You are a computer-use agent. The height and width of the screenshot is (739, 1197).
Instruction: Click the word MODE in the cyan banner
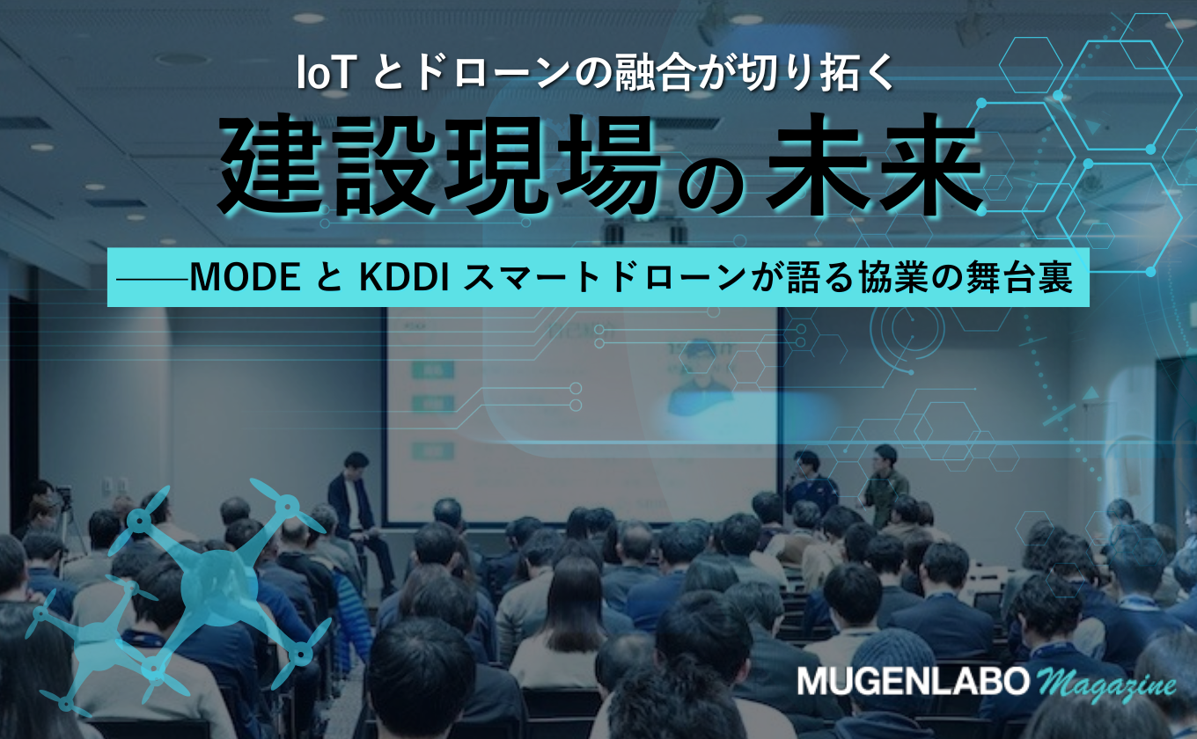click(x=246, y=278)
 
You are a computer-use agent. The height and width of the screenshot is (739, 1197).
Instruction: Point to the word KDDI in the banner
click(x=403, y=278)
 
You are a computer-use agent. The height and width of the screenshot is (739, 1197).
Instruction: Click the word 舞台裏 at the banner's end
click(x=1019, y=278)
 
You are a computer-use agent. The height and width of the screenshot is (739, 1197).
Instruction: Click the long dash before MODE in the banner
click(x=153, y=278)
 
